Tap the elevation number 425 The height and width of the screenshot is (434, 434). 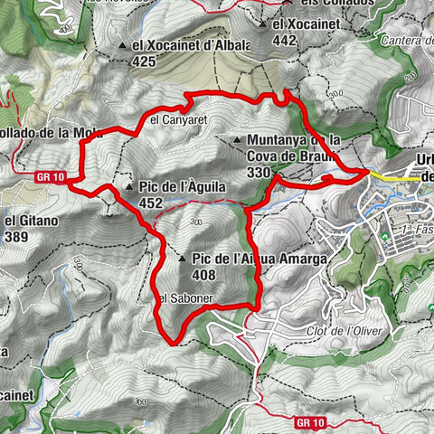point(143,62)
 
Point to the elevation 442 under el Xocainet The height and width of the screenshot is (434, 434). point(284,41)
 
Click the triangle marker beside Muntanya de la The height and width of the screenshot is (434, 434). point(237,140)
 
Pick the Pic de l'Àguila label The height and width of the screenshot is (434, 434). point(182,187)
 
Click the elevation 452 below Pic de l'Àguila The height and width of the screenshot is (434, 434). point(151,204)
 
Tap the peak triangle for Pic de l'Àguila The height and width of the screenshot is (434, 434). point(128,188)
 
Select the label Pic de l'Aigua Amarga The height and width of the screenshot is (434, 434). point(258,259)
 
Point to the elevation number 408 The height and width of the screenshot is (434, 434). point(204,275)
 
